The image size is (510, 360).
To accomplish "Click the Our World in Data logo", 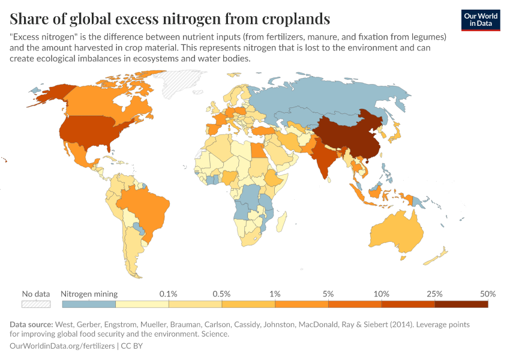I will click(x=481, y=20).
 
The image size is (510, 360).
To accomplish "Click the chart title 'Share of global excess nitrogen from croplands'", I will click(x=170, y=19).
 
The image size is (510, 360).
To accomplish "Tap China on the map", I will click(x=348, y=135).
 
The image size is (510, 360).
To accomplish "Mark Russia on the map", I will click(x=336, y=96).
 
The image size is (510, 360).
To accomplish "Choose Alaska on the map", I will click(x=51, y=93).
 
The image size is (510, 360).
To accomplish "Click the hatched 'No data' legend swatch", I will click(x=35, y=304).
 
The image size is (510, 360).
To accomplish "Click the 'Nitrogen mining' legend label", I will click(x=89, y=294).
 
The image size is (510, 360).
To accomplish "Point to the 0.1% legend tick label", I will click(x=168, y=294).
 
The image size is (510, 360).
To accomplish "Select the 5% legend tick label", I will click(x=328, y=294).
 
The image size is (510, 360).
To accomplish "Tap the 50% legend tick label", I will click(x=488, y=294).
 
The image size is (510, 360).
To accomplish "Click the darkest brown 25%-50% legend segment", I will click(x=461, y=304).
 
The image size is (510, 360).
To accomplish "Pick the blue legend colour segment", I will click(x=89, y=304).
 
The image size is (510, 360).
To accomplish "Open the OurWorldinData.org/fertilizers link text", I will click(x=63, y=346).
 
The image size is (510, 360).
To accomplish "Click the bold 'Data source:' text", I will click(x=31, y=325).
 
